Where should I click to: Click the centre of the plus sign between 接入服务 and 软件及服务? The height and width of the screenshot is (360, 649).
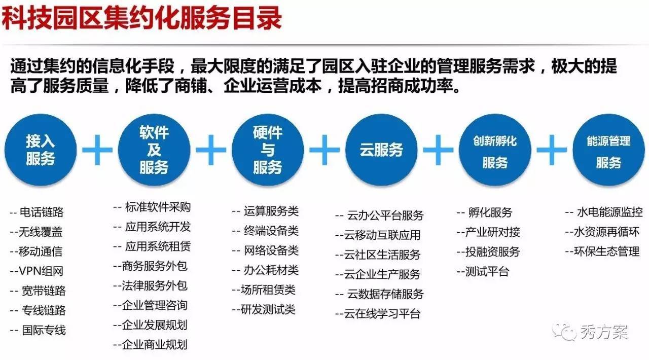coord(97,150)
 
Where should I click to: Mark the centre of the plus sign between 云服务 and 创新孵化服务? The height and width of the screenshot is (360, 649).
coord(438,150)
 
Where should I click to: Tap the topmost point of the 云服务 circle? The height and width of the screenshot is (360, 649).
coord(381,114)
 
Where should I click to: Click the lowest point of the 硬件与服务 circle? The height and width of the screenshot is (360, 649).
coord(268,186)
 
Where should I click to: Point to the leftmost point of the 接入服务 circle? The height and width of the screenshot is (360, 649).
coord(5,150)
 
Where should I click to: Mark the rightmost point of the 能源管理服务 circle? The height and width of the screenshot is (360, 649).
coord(645,150)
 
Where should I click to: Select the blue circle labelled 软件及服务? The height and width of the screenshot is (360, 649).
coord(154,150)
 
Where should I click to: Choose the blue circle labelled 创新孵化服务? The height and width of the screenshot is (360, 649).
coord(495,150)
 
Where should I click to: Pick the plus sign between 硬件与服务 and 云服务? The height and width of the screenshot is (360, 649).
coord(324,150)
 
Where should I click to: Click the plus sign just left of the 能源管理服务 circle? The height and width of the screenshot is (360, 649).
coord(552,150)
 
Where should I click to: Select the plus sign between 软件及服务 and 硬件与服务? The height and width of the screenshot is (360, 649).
coord(211,150)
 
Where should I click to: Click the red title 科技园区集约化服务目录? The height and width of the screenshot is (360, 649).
coord(141,18)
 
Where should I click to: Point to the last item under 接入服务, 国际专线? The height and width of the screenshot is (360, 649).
coord(38,330)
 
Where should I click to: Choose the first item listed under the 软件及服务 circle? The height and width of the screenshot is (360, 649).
coord(152,207)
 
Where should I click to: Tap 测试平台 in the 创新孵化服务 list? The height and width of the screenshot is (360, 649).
coord(483,272)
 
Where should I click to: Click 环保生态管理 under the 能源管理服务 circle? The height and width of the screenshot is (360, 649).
coord(602,251)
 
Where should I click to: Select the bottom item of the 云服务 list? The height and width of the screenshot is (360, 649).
coord(378,314)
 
